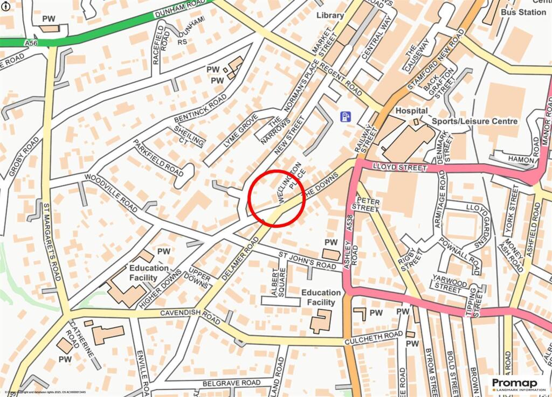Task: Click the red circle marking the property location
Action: click(x=277, y=198)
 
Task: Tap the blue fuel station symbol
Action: click(x=346, y=116)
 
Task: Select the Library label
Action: click(x=330, y=15)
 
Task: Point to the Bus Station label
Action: click(x=523, y=12)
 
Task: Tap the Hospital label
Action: click(x=411, y=110)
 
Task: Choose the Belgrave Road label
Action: click(x=231, y=383)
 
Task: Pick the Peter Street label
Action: click(x=364, y=205)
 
